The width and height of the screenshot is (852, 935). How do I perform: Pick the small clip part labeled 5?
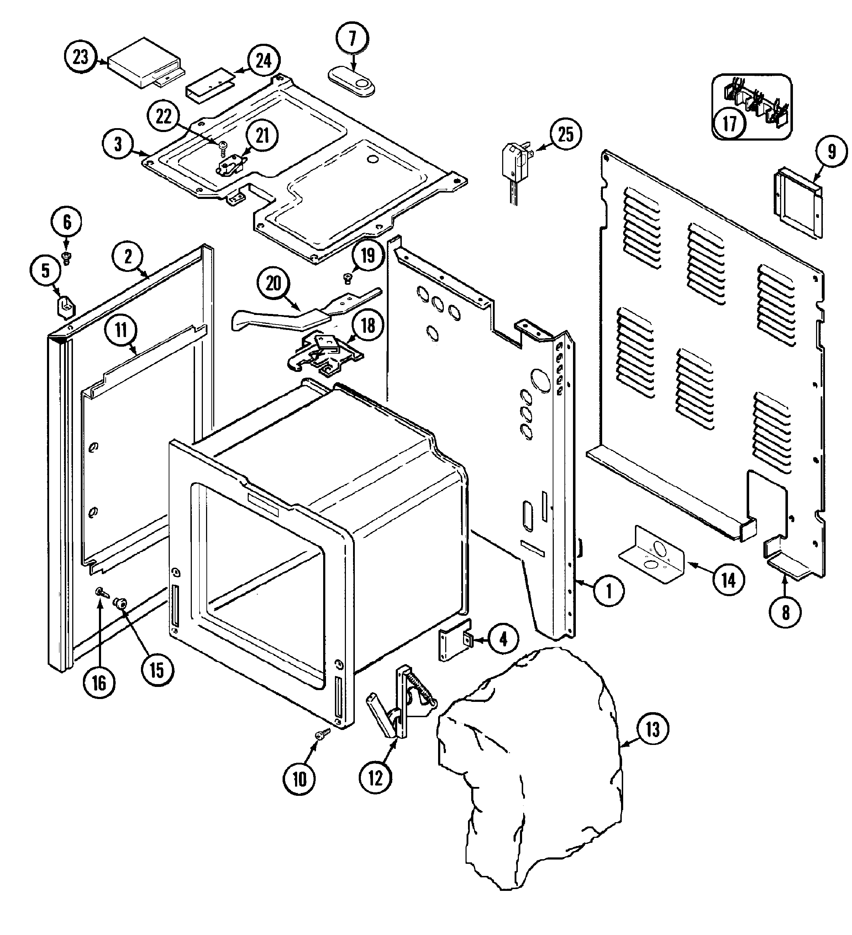66,307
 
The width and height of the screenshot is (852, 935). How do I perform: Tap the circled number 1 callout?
609,591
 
